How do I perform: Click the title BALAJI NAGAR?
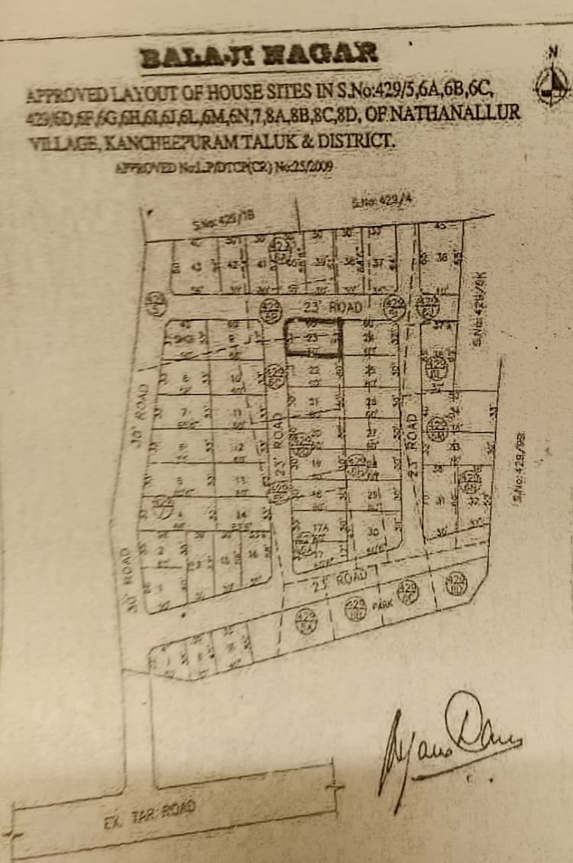(260, 55)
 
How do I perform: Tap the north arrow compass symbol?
(552, 82)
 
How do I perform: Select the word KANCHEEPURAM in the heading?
(183, 142)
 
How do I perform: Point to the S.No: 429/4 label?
(376, 202)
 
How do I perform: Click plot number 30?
(374, 531)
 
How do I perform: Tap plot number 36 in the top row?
(441, 257)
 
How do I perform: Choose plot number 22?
(313, 370)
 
